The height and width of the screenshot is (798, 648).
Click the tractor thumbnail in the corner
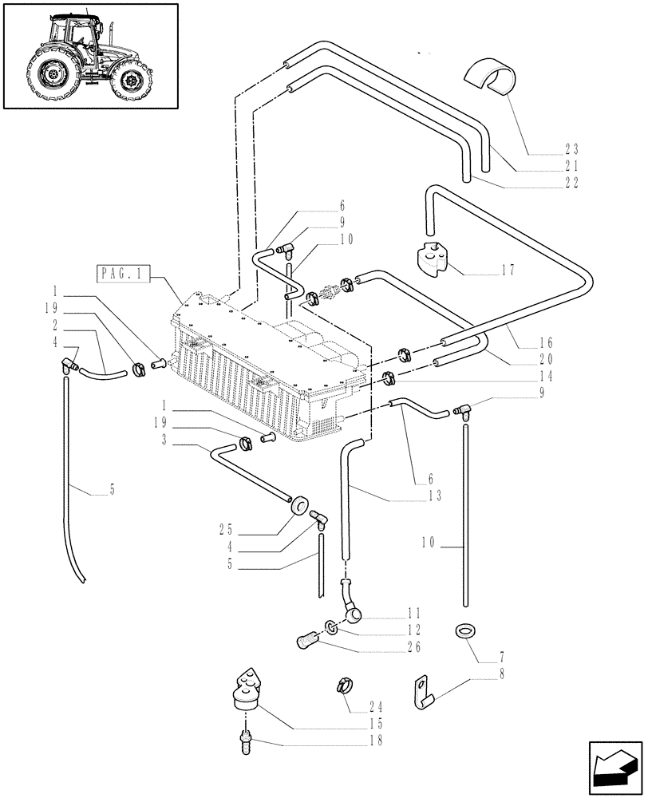pyautogui.click(x=89, y=56)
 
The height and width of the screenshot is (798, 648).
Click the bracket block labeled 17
pyautogui.click(x=434, y=259)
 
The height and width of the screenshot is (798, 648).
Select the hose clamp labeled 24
pyautogui.click(x=344, y=685)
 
